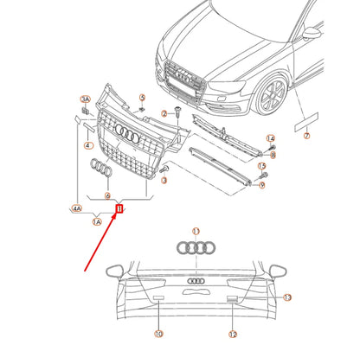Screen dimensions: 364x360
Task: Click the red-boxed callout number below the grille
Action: coord(120,208)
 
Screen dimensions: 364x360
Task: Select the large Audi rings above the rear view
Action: coord(196,248)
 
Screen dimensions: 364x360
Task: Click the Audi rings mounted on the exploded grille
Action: coord(127,135)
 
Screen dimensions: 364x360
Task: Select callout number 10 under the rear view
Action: coord(158,334)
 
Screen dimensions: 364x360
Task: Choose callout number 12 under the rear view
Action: coord(233,334)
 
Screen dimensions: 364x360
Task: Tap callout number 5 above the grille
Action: coord(142,97)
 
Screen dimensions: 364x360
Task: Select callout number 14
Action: coord(270,138)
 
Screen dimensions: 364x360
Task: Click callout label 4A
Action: coord(77,208)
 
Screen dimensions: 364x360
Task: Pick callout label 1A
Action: coord(97,221)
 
